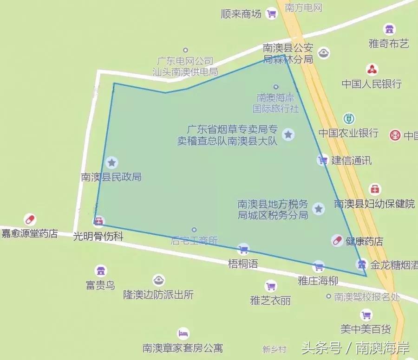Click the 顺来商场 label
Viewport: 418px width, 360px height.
[242, 14]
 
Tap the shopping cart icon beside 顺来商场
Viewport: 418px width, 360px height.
[271, 14]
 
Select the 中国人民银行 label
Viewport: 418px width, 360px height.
[372, 84]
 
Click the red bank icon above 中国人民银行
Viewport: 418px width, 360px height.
[372, 70]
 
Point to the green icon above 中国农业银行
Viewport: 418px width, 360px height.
[349, 118]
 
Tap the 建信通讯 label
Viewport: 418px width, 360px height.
[352, 161]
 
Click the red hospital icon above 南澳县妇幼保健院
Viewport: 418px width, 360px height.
[375, 189]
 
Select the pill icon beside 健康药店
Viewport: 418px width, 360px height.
[337, 240]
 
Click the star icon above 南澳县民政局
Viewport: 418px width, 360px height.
[111, 162]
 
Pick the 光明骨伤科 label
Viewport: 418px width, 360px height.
[98, 236]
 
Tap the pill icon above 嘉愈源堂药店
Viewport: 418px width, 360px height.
[30, 219]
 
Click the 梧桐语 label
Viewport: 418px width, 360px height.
[243, 264]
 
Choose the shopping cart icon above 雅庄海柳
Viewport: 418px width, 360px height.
[318, 267]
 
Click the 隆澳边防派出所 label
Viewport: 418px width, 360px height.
[158, 295]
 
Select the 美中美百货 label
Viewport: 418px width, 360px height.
[366, 329]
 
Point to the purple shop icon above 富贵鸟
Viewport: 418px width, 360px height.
[100, 271]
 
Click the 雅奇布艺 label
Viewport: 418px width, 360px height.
[389, 44]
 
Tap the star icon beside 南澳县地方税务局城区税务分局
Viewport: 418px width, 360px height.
[319, 209]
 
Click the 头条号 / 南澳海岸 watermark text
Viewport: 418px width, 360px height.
[355, 348]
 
